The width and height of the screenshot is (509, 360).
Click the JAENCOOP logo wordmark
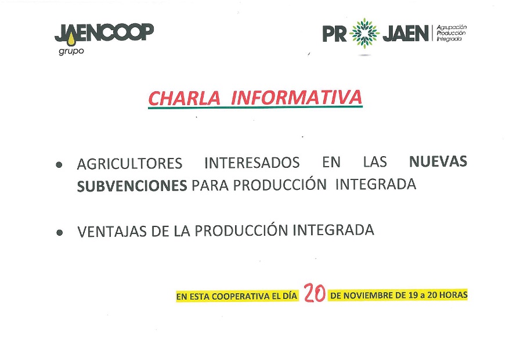104,33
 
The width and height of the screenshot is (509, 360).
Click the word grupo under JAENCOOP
71,52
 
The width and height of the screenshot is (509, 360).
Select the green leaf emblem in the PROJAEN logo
364,33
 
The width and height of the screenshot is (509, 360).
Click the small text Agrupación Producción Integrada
452,33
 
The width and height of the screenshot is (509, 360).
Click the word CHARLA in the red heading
184,98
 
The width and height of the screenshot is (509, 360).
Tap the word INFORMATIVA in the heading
296,98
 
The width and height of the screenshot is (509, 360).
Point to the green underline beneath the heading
255,106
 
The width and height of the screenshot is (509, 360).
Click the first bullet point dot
59,164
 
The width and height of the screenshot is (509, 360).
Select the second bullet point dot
59,232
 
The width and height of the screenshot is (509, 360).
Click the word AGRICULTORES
129,164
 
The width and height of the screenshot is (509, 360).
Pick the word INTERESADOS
252,163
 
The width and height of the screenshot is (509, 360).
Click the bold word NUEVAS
438,161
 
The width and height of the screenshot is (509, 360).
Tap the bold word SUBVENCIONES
132,186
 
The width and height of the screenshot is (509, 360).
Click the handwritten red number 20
315,293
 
